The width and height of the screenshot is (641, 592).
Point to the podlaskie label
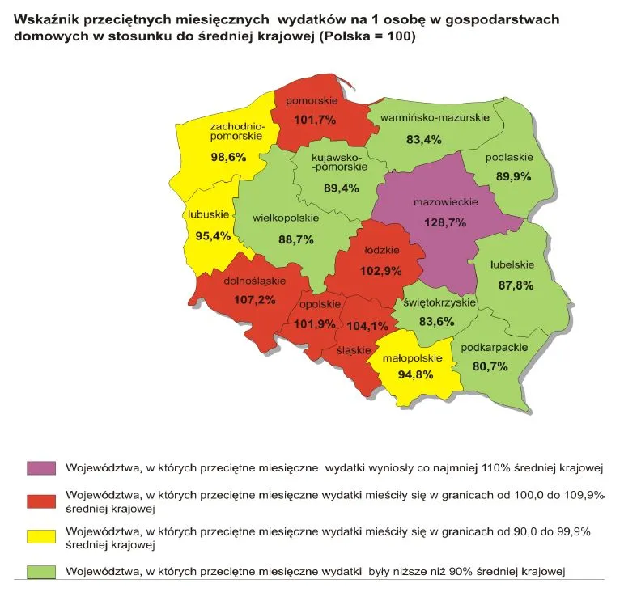tap(508, 157)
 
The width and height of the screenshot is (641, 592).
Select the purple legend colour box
tap(41, 468)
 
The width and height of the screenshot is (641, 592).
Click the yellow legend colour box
tap(41, 536)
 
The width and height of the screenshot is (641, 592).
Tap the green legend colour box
tap(41, 571)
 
